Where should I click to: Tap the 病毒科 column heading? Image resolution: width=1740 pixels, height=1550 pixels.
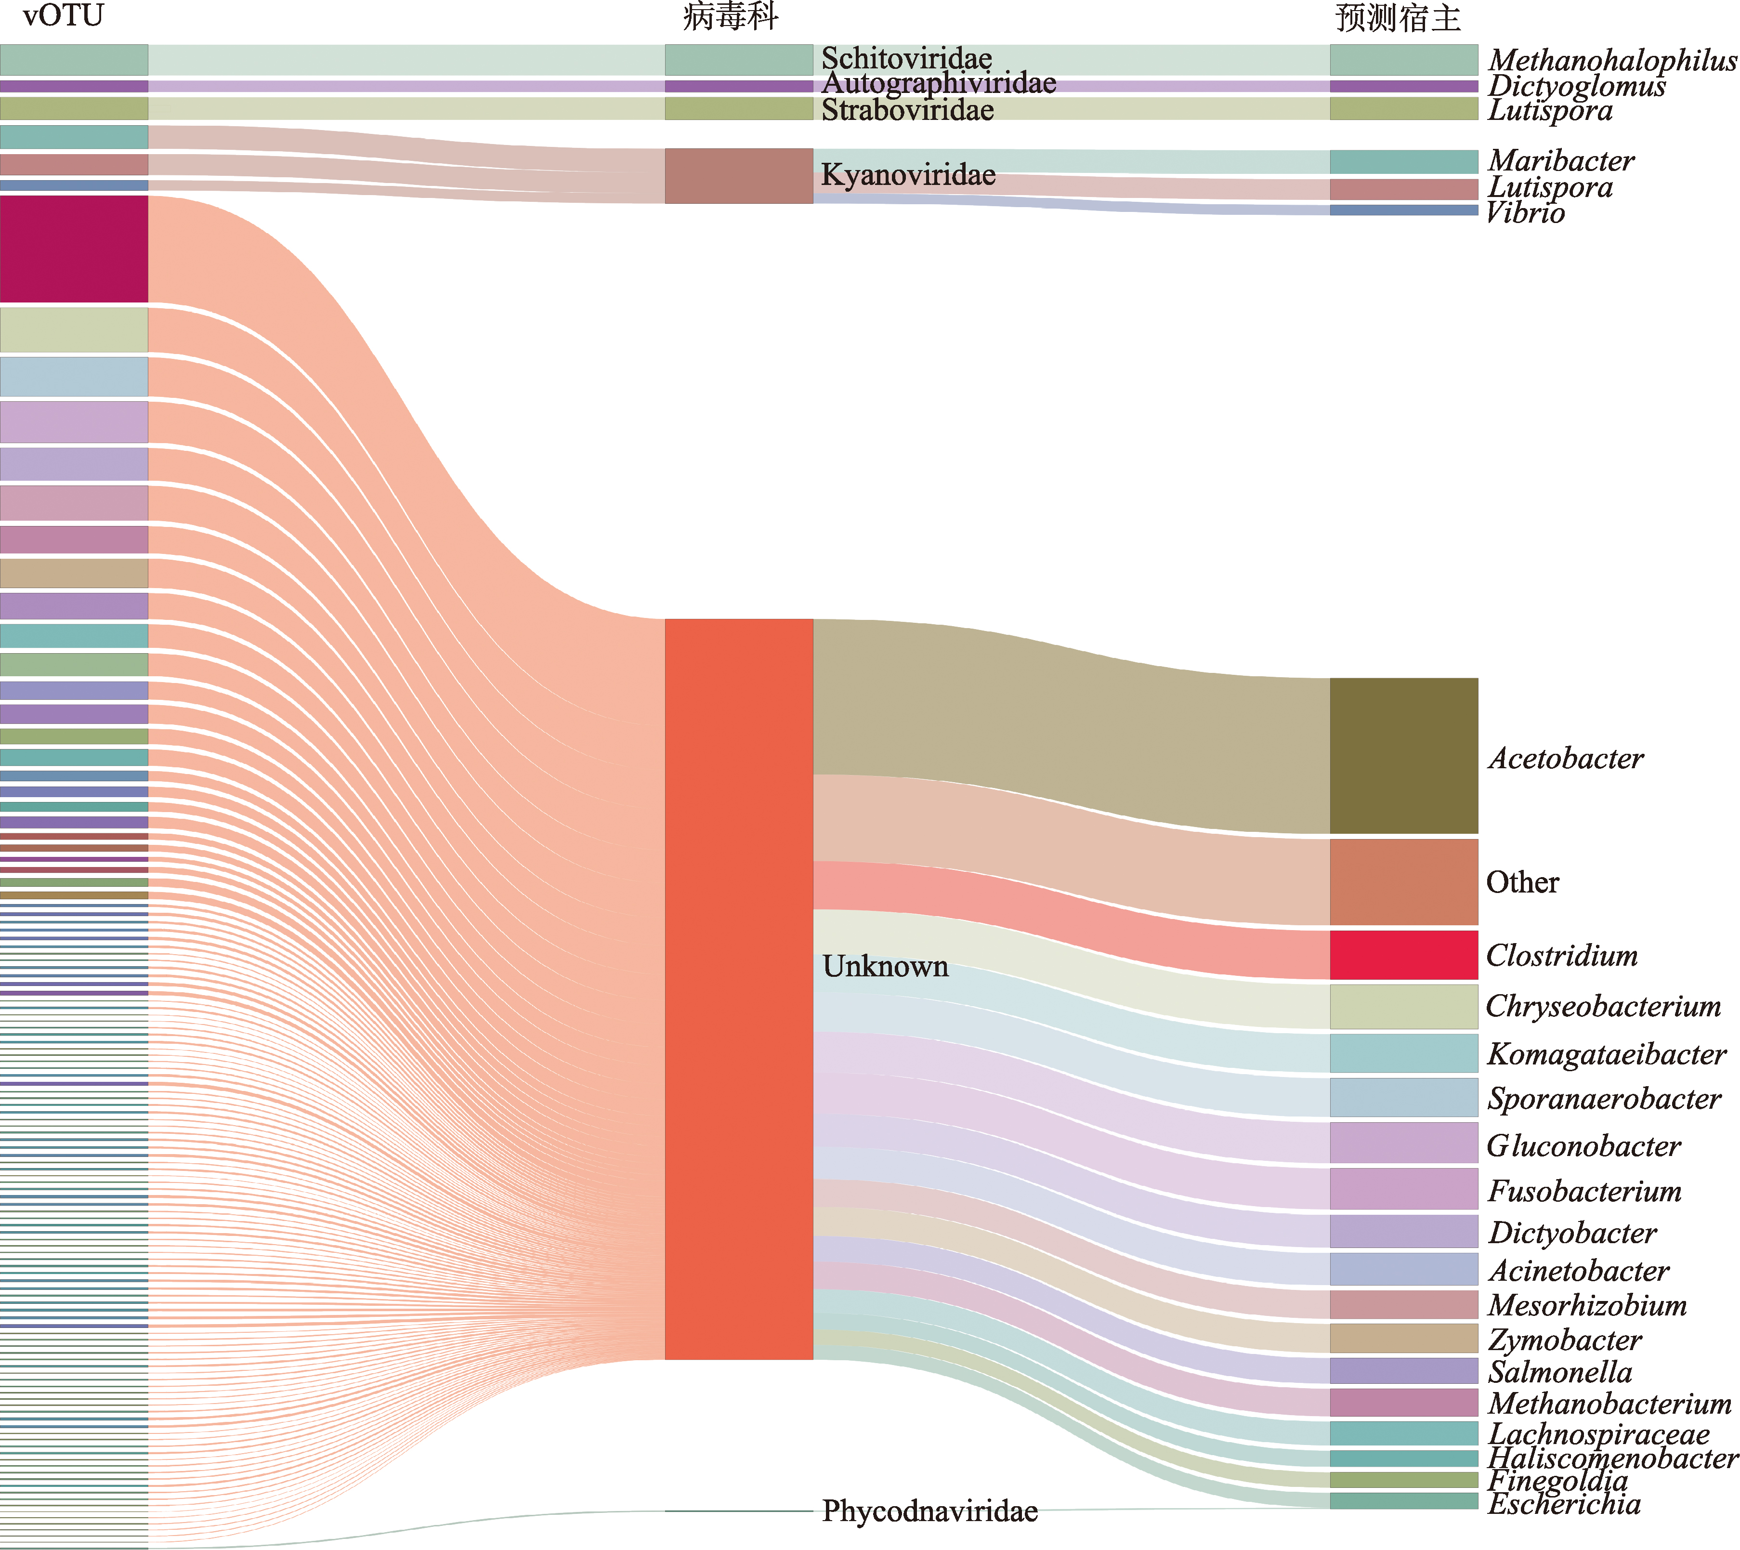point(731,17)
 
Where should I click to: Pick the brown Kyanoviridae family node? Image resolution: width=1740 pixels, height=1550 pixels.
point(738,175)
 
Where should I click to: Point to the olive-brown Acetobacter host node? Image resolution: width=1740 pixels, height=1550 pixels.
point(1403,755)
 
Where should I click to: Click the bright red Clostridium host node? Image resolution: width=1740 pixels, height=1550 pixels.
point(1403,955)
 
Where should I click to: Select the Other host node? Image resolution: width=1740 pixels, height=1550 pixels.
point(1403,881)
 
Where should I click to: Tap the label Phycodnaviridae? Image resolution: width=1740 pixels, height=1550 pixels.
point(929,1511)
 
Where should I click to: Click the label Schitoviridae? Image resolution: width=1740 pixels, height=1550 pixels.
point(906,58)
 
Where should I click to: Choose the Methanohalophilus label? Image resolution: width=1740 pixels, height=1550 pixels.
point(1612,61)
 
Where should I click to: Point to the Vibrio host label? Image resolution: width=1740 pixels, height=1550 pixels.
point(1525,213)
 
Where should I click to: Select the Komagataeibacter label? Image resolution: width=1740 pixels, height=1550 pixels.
point(1606,1054)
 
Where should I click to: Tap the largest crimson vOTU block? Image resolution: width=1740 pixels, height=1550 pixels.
point(74,249)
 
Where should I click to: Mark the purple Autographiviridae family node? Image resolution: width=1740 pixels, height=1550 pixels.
point(738,86)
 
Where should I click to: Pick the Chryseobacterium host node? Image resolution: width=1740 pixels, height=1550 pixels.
point(1403,1007)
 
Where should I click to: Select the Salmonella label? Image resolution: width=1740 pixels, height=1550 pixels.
point(1560,1372)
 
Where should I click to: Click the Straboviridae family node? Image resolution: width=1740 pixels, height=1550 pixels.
point(738,108)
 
